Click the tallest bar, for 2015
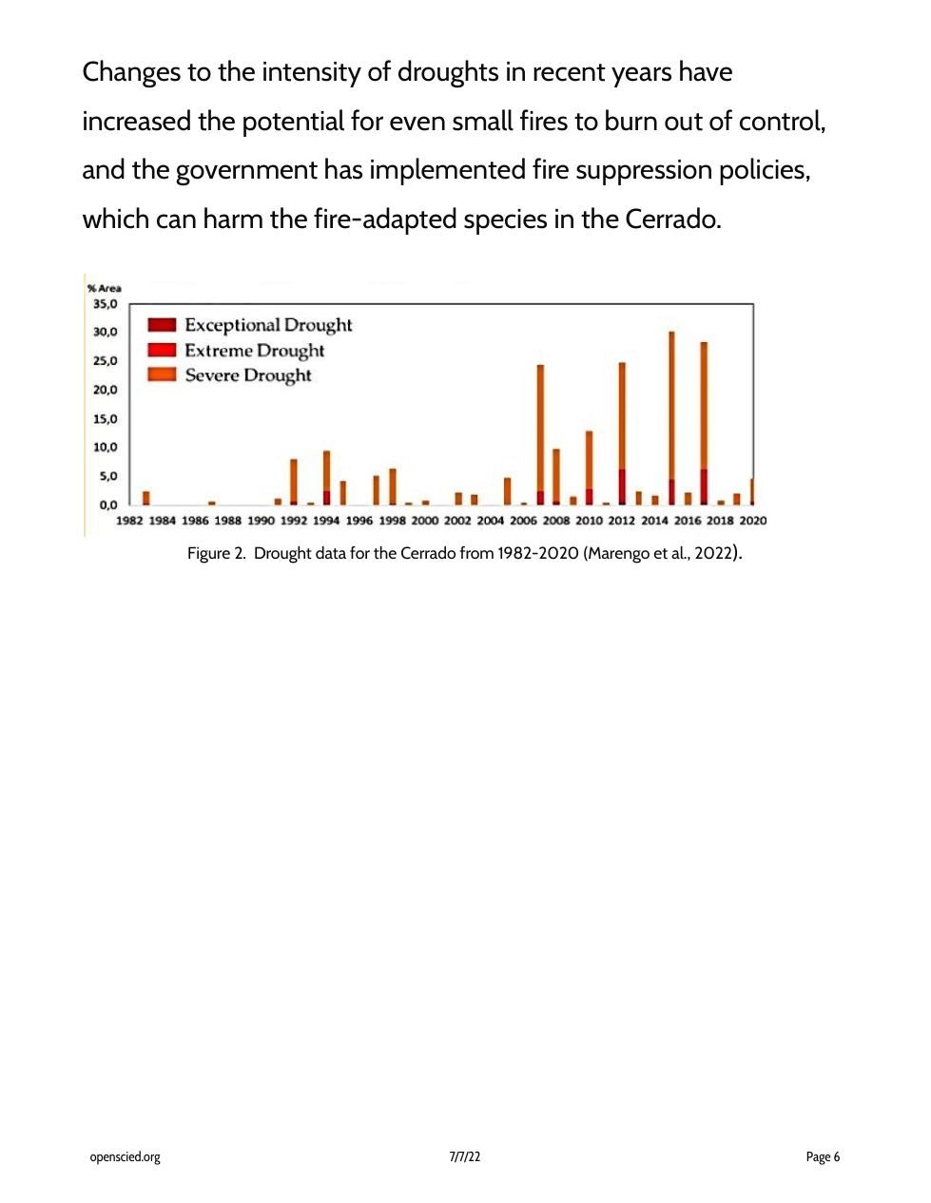[x=671, y=418]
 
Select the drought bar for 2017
[x=704, y=423]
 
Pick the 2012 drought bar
[x=622, y=432]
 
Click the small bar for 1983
[x=145, y=497]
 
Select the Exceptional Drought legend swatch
[x=162, y=325]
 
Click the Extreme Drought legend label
[x=254, y=351]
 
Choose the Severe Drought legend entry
[x=247, y=375]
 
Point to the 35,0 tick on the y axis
[x=105, y=304]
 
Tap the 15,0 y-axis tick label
[x=105, y=419]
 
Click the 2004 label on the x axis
[x=491, y=521]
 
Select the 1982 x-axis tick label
[x=129, y=521]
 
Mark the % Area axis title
[x=105, y=288]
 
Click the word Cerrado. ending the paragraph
[x=673, y=220]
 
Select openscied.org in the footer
[x=125, y=1156]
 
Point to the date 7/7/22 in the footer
[x=465, y=1156]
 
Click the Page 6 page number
[x=823, y=1156]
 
